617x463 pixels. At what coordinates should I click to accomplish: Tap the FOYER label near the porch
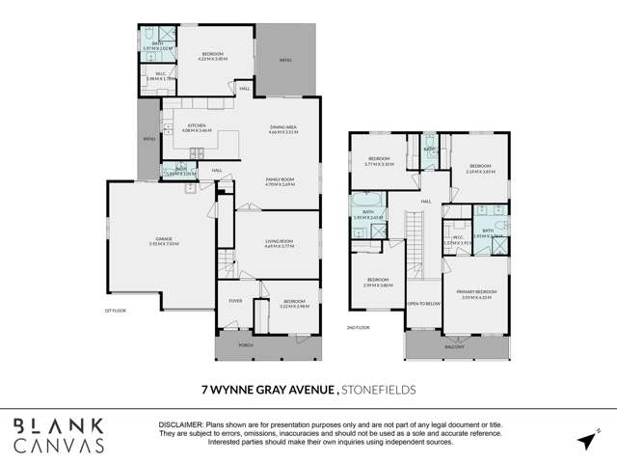coord(234,300)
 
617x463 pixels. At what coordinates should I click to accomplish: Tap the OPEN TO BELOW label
coord(424,304)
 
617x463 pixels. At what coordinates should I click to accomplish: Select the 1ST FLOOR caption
coord(115,311)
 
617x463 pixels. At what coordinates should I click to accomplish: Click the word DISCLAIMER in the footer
coord(181,425)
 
